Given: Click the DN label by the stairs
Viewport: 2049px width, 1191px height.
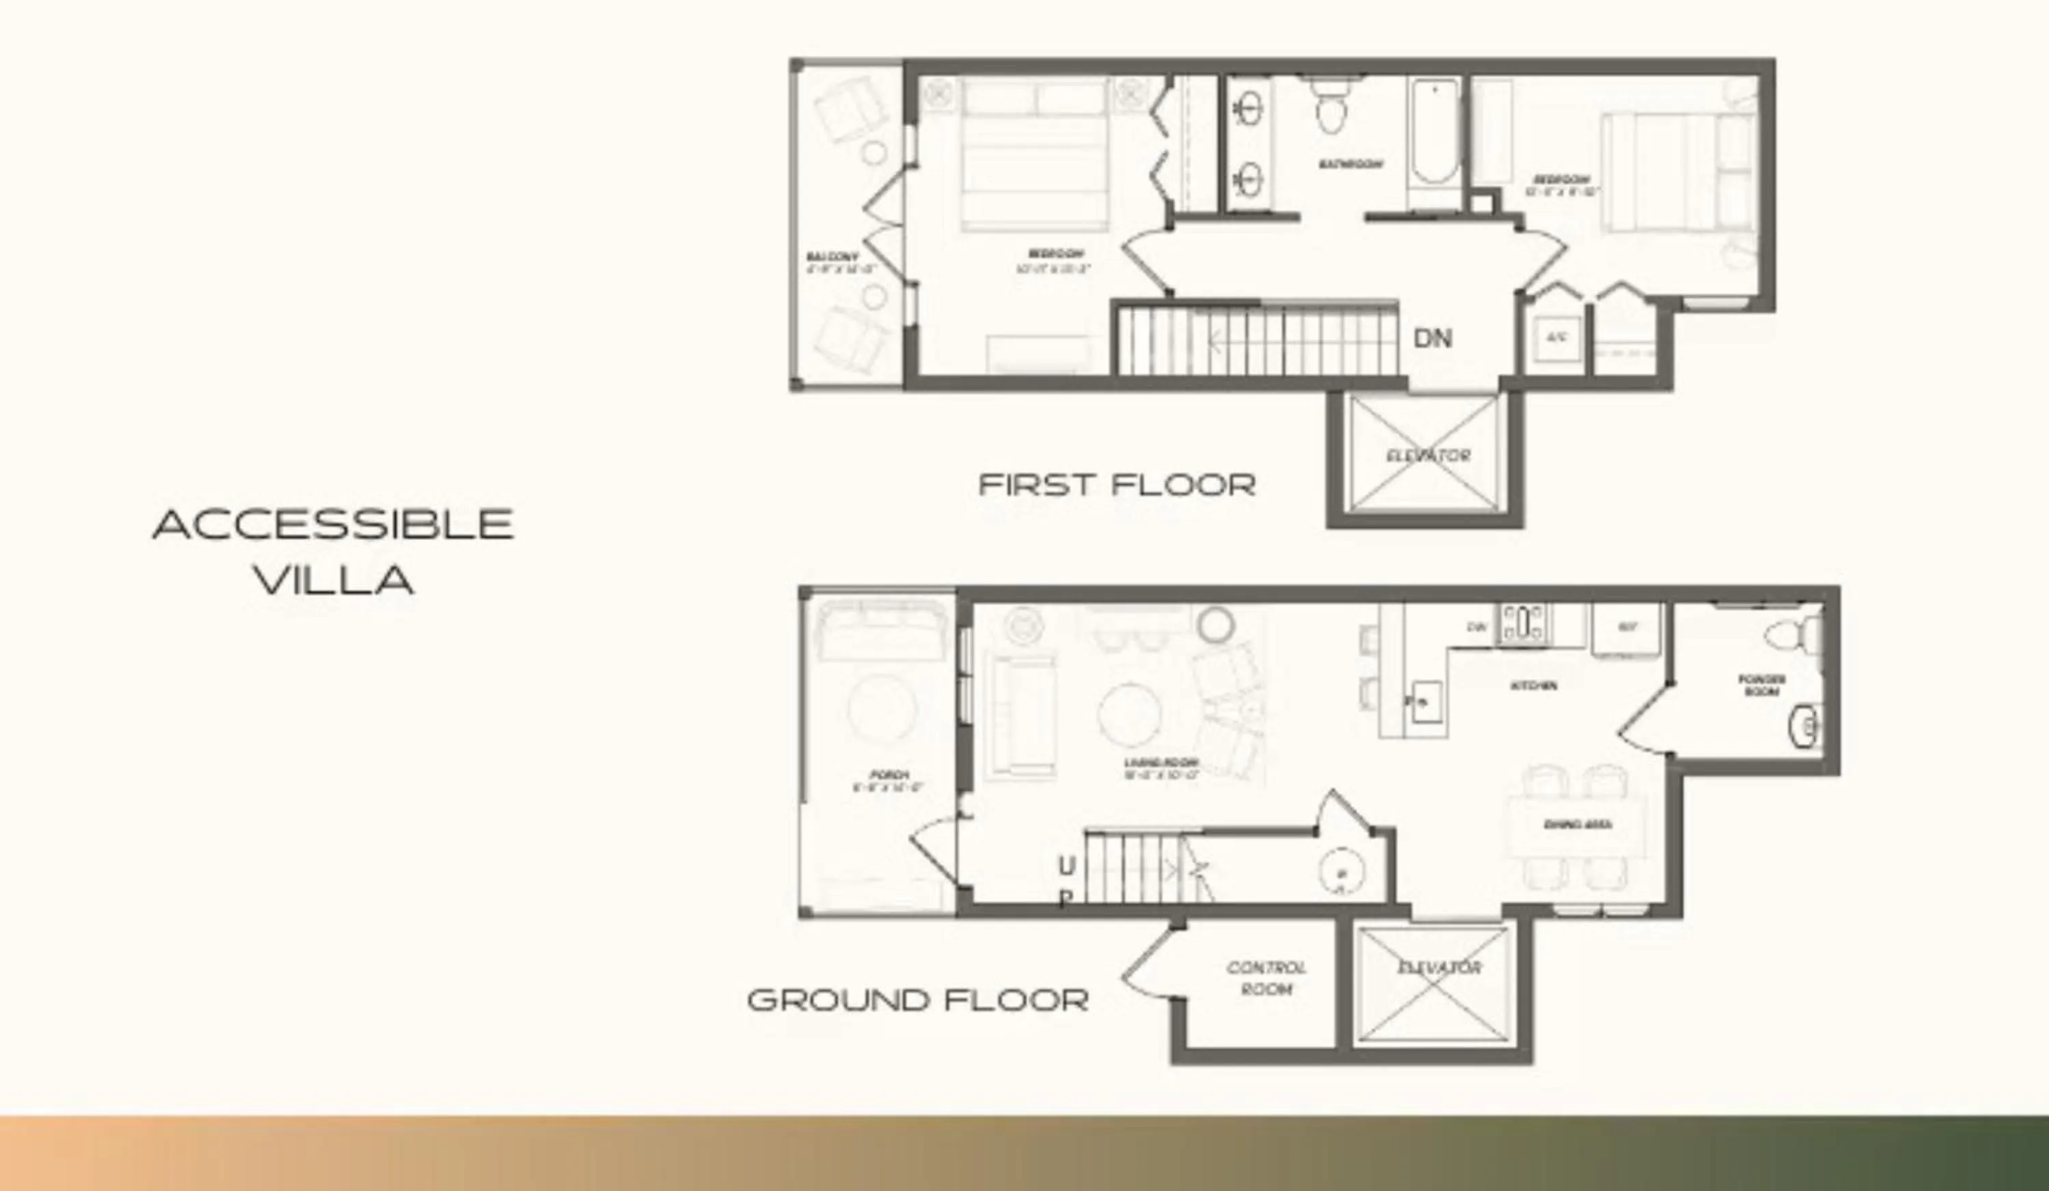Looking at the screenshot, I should pyautogui.click(x=1433, y=338).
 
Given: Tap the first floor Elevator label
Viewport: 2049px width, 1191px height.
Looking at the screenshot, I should pyautogui.click(x=1429, y=456).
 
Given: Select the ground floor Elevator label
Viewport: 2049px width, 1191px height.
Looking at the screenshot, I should pyautogui.click(x=1439, y=968).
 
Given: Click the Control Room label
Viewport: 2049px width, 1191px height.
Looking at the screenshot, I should pyautogui.click(x=1266, y=978).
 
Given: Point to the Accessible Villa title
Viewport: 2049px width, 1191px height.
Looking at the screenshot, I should pyautogui.click(x=333, y=551).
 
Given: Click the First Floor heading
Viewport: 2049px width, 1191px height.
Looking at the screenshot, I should pyautogui.click(x=1117, y=486).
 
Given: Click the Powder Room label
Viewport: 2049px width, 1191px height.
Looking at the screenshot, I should pyautogui.click(x=1761, y=684).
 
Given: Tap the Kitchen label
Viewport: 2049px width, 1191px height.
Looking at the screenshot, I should pyautogui.click(x=1533, y=686).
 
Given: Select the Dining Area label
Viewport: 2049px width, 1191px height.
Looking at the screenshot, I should pyautogui.click(x=1578, y=824).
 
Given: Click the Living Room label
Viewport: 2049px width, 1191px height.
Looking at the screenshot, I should pyautogui.click(x=1161, y=768).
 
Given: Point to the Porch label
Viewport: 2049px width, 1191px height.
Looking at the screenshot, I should pyautogui.click(x=888, y=781).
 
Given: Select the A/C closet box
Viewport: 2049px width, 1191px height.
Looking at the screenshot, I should pyautogui.click(x=1557, y=337).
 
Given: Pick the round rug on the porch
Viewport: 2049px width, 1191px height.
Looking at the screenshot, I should pyautogui.click(x=882, y=707).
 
